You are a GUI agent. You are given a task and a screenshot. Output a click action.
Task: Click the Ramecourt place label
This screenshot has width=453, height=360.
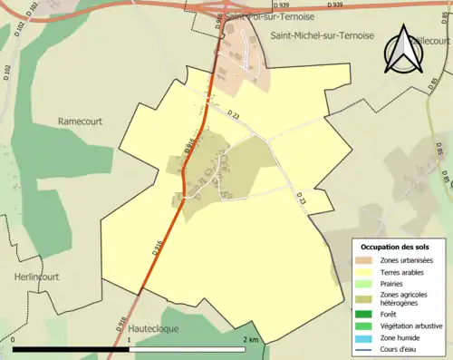tap(83, 121)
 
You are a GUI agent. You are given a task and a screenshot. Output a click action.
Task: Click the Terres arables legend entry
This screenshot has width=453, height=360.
tap(401, 271)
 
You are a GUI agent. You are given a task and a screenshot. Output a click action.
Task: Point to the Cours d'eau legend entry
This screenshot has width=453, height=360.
tap(400, 348)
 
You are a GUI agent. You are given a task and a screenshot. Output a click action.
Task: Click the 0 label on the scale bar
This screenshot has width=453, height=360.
tap(14, 339)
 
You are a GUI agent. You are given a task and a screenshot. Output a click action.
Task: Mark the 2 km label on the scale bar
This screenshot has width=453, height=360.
tap(251, 339)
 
